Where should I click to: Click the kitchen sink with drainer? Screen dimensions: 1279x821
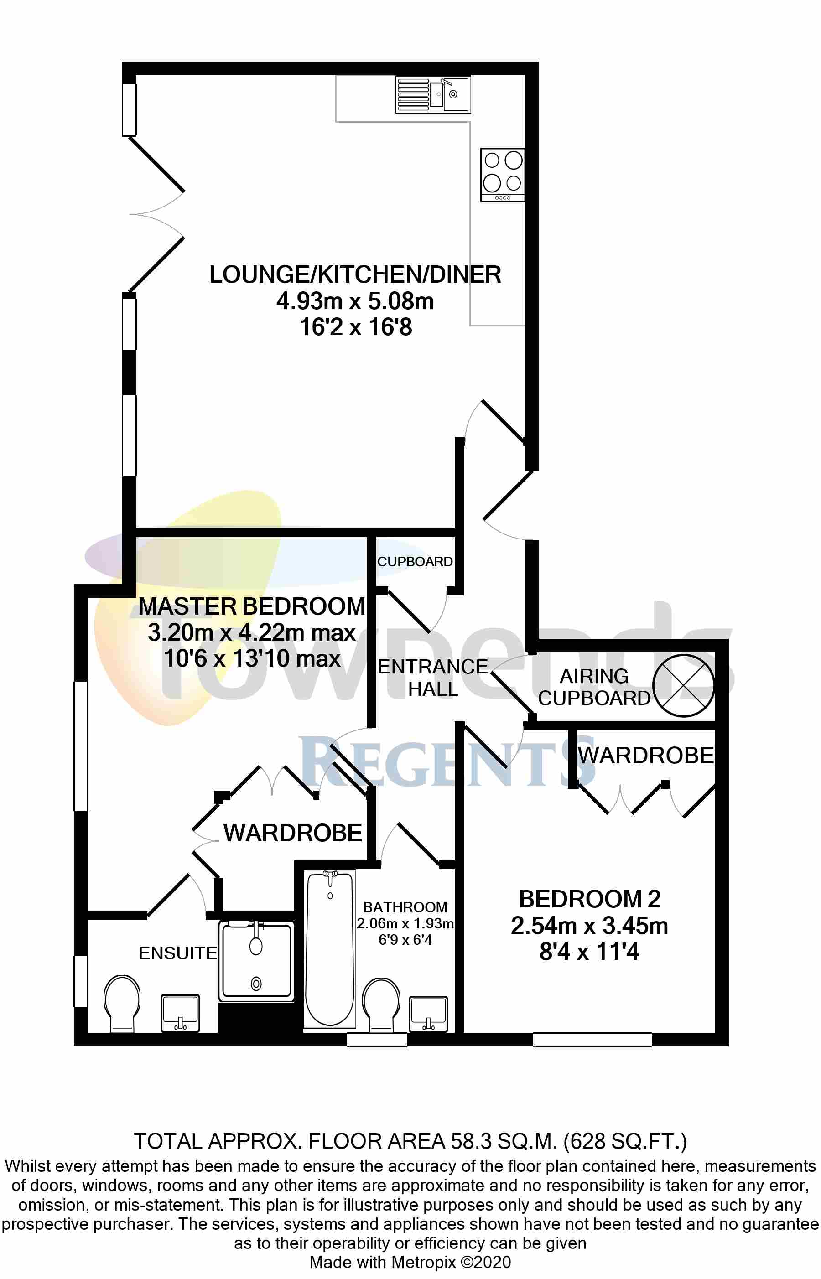click(x=432, y=95)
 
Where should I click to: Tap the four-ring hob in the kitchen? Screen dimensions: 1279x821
click(x=502, y=175)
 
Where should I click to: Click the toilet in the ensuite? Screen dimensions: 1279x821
click(x=122, y=1002)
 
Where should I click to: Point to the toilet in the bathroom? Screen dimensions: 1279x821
click(x=381, y=1002)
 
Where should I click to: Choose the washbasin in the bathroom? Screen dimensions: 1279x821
click(x=428, y=1013)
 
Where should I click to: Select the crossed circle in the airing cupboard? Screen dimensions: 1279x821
click(x=683, y=685)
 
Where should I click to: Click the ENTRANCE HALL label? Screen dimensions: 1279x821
click(x=432, y=677)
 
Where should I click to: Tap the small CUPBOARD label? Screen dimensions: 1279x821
click(x=415, y=562)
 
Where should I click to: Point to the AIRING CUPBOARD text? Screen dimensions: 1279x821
click(x=594, y=687)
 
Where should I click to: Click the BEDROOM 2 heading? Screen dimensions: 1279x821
click(x=590, y=899)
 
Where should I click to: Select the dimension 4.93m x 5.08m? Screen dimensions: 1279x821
click(x=355, y=301)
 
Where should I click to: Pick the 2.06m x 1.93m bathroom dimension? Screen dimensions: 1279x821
click(x=405, y=923)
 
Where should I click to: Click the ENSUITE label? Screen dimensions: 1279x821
click(x=177, y=953)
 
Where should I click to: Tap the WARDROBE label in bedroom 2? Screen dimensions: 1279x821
click(x=645, y=755)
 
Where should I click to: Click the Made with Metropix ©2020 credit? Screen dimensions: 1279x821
click(x=410, y=1263)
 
